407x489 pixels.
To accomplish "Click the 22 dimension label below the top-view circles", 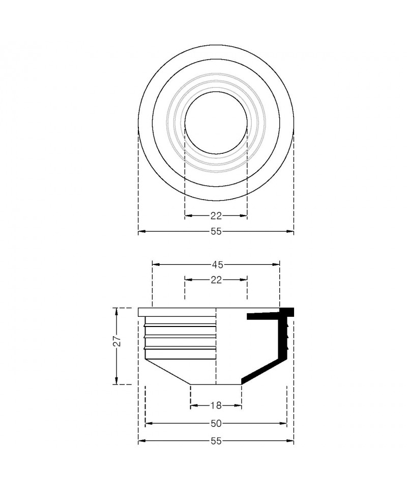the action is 216,215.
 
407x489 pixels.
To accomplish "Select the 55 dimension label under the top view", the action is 216,231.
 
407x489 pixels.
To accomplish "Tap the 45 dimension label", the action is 217,265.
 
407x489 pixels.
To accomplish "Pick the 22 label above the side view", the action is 216,280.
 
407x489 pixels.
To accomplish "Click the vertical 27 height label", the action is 116,341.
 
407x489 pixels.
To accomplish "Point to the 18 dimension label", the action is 216,405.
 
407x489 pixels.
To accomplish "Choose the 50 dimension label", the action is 216,423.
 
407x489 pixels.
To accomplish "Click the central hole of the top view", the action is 216,123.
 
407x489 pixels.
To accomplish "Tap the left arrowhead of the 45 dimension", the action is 156,265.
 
